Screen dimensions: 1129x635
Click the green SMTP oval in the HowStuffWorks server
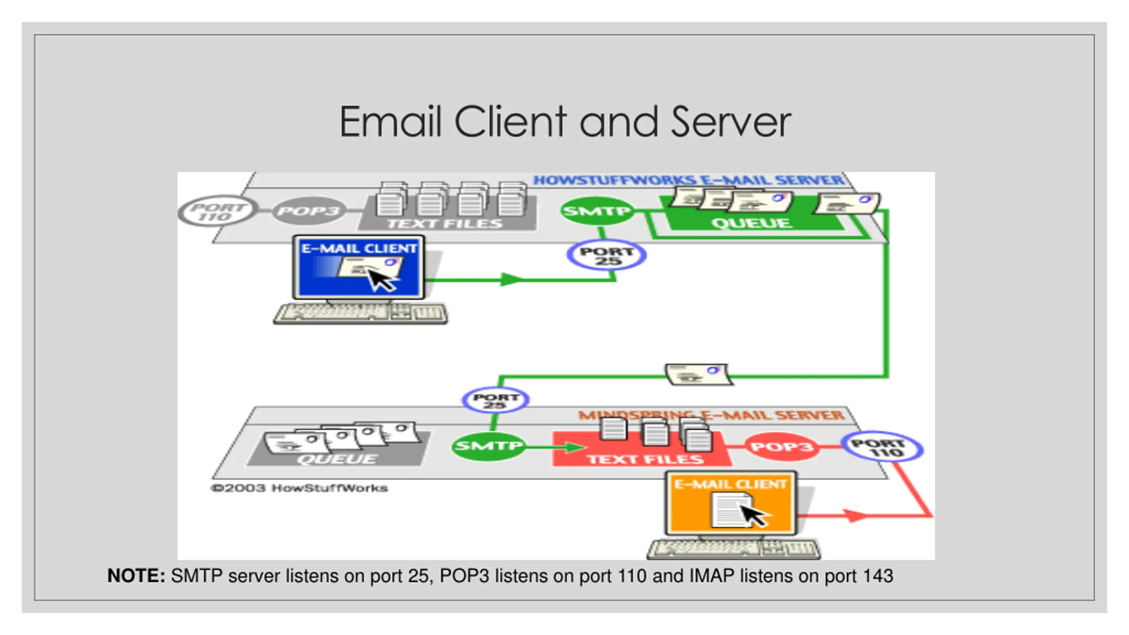(x=597, y=211)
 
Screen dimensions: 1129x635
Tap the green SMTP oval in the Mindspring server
(x=489, y=446)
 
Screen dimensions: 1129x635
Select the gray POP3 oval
(x=308, y=211)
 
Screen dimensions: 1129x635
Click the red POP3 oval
(x=781, y=447)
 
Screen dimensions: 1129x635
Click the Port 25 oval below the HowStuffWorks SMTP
(x=607, y=255)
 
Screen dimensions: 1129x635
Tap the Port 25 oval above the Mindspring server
(x=496, y=400)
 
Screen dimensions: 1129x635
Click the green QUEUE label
(x=751, y=223)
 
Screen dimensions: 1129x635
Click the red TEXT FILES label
(x=645, y=459)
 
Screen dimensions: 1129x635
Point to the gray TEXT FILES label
(x=445, y=224)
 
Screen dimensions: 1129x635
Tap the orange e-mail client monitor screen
(x=731, y=504)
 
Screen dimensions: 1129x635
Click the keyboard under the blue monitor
(x=360, y=314)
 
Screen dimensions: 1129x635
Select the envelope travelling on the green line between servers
(x=699, y=374)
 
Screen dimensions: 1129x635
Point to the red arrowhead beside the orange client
(x=856, y=515)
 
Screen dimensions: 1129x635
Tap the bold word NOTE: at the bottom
(x=136, y=576)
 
